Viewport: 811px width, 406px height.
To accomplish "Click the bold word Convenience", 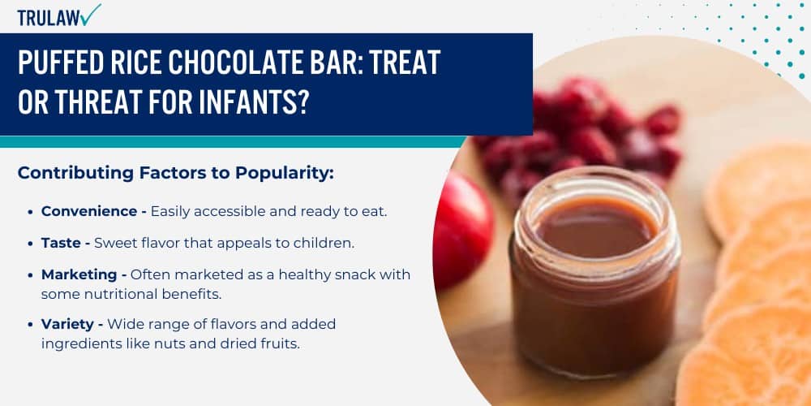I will tap(89, 211).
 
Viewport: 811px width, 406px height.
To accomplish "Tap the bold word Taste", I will tap(60, 243).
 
